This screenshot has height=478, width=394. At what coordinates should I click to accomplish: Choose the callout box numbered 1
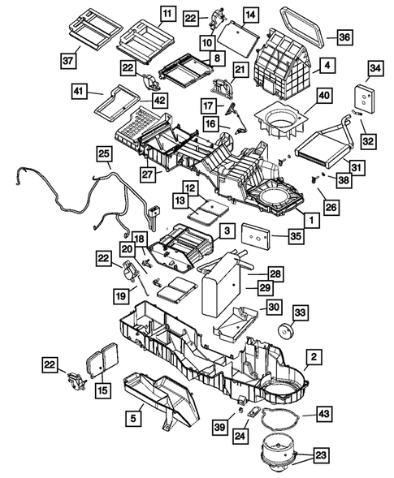tap(310, 217)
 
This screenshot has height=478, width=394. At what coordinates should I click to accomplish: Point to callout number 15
tap(102, 391)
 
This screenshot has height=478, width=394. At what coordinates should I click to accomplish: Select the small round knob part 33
tap(284, 331)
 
